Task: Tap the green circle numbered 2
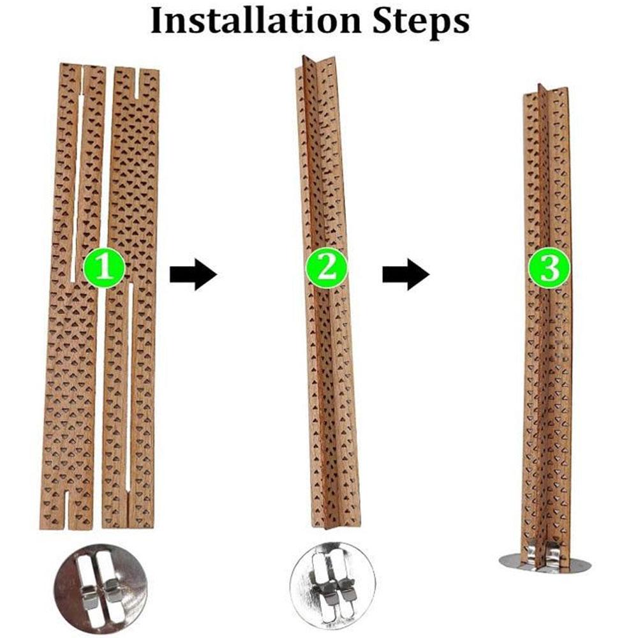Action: tap(327, 269)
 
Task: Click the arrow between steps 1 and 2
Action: tap(193, 274)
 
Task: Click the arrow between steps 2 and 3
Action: tap(405, 274)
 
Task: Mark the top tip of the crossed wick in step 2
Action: tap(306, 61)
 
